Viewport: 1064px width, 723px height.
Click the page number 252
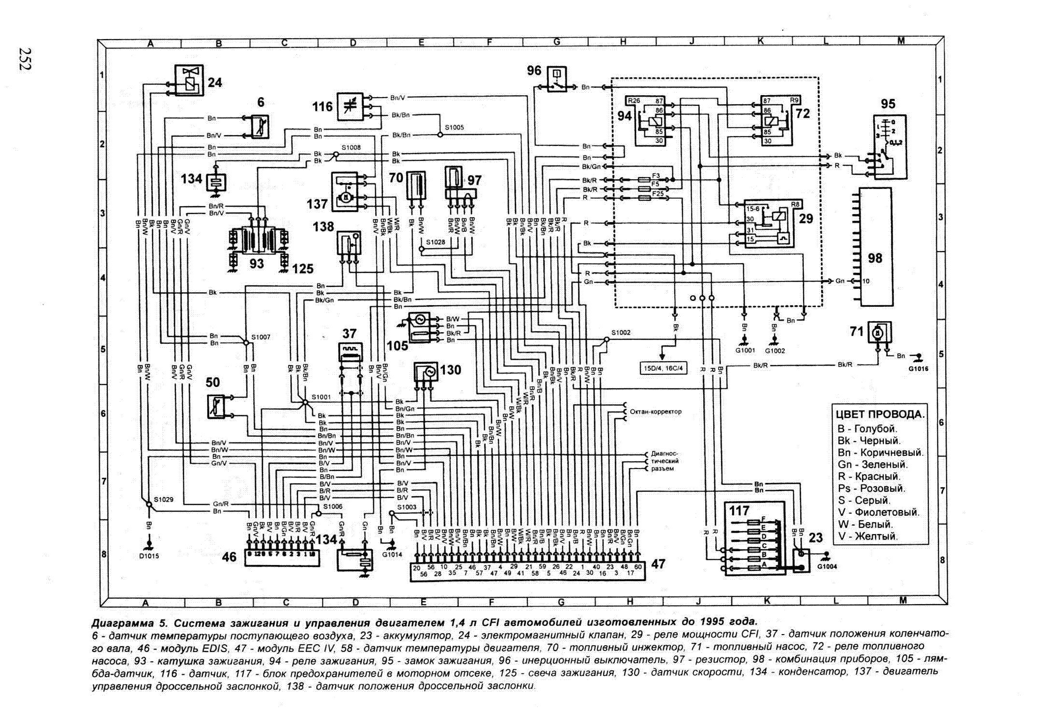(x=25, y=59)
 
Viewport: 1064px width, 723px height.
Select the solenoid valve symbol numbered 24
(x=189, y=80)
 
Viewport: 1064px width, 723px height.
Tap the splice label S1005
(x=454, y=128)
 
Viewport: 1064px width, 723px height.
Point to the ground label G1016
(x=918, y=369)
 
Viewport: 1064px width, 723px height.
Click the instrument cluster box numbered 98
(x=875, y=246)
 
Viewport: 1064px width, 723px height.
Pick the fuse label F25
(x=657, y=193)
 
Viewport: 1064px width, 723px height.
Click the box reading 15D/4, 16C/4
(x=663, y=368)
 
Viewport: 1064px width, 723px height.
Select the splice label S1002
(x=621, y=333)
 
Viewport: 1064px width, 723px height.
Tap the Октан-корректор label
(x=655, y=411)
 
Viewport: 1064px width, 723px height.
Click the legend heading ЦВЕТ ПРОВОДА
(x=880, y=414)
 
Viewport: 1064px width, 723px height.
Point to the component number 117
(x=739, y=510)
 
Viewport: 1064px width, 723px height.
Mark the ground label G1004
(x=827, y=567)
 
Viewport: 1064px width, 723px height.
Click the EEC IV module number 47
(x=658, y=564)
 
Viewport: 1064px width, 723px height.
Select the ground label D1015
(x=149, y=556)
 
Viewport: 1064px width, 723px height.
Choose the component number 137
(x=317, y=204)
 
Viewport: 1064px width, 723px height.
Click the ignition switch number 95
(x=888, y=104)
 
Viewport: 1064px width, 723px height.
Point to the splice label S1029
(x=163, y=499)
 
